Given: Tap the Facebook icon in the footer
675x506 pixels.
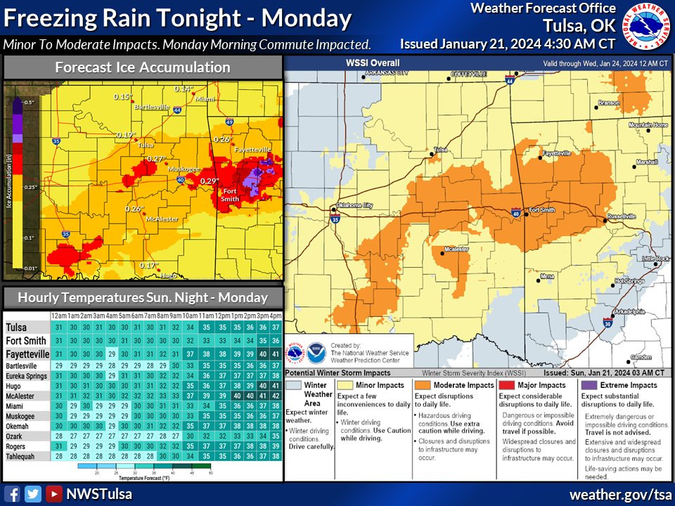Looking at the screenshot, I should (12, 493).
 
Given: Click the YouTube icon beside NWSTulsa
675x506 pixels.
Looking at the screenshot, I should (53, 493).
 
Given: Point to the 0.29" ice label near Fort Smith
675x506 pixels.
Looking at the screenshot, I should (209, 181).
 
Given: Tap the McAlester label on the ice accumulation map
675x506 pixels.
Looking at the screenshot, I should (160, 218).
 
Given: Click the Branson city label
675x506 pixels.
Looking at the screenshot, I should (609, 103).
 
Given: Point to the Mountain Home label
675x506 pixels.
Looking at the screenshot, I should (647, 125).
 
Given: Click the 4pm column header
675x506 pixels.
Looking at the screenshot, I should (276, 316).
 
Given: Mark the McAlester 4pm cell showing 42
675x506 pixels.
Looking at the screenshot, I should (276, 396).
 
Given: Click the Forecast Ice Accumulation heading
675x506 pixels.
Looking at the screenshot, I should (143, 67).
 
